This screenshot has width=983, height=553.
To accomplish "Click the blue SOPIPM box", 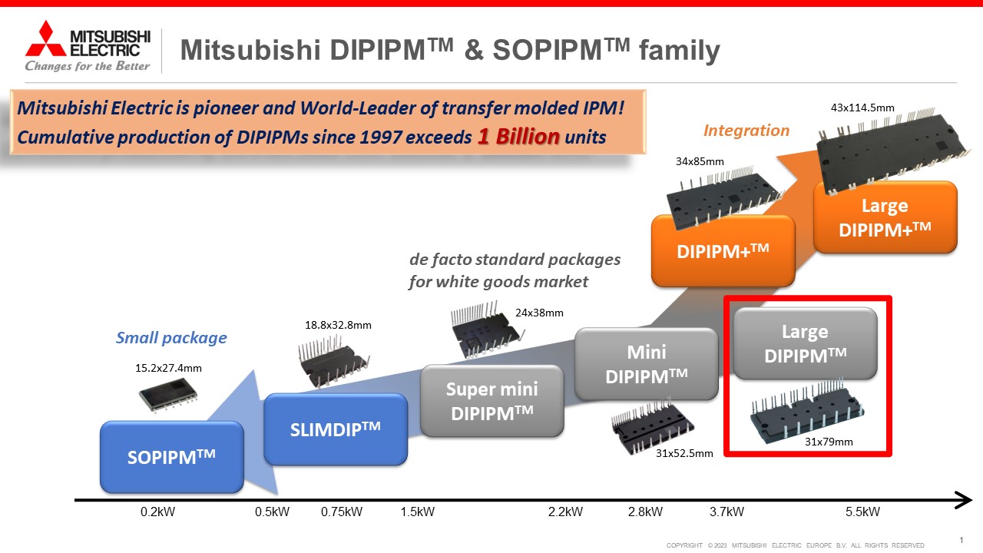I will (x=172, y=457).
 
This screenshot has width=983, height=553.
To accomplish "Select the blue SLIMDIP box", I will (x=335, y=429).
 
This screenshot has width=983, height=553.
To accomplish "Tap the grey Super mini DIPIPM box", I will (x=491, y=400).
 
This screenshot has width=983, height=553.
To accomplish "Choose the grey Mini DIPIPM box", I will (x=647, y=364).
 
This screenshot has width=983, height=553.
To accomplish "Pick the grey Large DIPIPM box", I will (x=805, y=343).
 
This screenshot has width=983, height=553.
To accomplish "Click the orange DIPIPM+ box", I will (x=723, y=250).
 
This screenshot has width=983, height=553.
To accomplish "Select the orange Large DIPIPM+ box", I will (x=885, y=217).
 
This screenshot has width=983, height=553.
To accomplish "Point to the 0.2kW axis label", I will (x=158, y=512).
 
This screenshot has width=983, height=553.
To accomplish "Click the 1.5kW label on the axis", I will (x=419, y=512).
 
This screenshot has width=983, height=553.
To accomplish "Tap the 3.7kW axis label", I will (x=726, y=512).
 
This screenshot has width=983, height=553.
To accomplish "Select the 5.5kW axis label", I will (x=862, y=512).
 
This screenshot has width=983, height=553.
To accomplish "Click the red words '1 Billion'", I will (x=518, y=137).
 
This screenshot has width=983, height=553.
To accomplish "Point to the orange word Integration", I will (x=746, y=131).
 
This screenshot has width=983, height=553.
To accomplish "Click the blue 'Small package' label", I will (x=171, y=337).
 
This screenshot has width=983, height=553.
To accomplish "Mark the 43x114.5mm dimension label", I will (x=862, y=108).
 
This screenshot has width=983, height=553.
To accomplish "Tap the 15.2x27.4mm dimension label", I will (x=168, y=368).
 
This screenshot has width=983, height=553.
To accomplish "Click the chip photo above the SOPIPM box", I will (x=168, y=396).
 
